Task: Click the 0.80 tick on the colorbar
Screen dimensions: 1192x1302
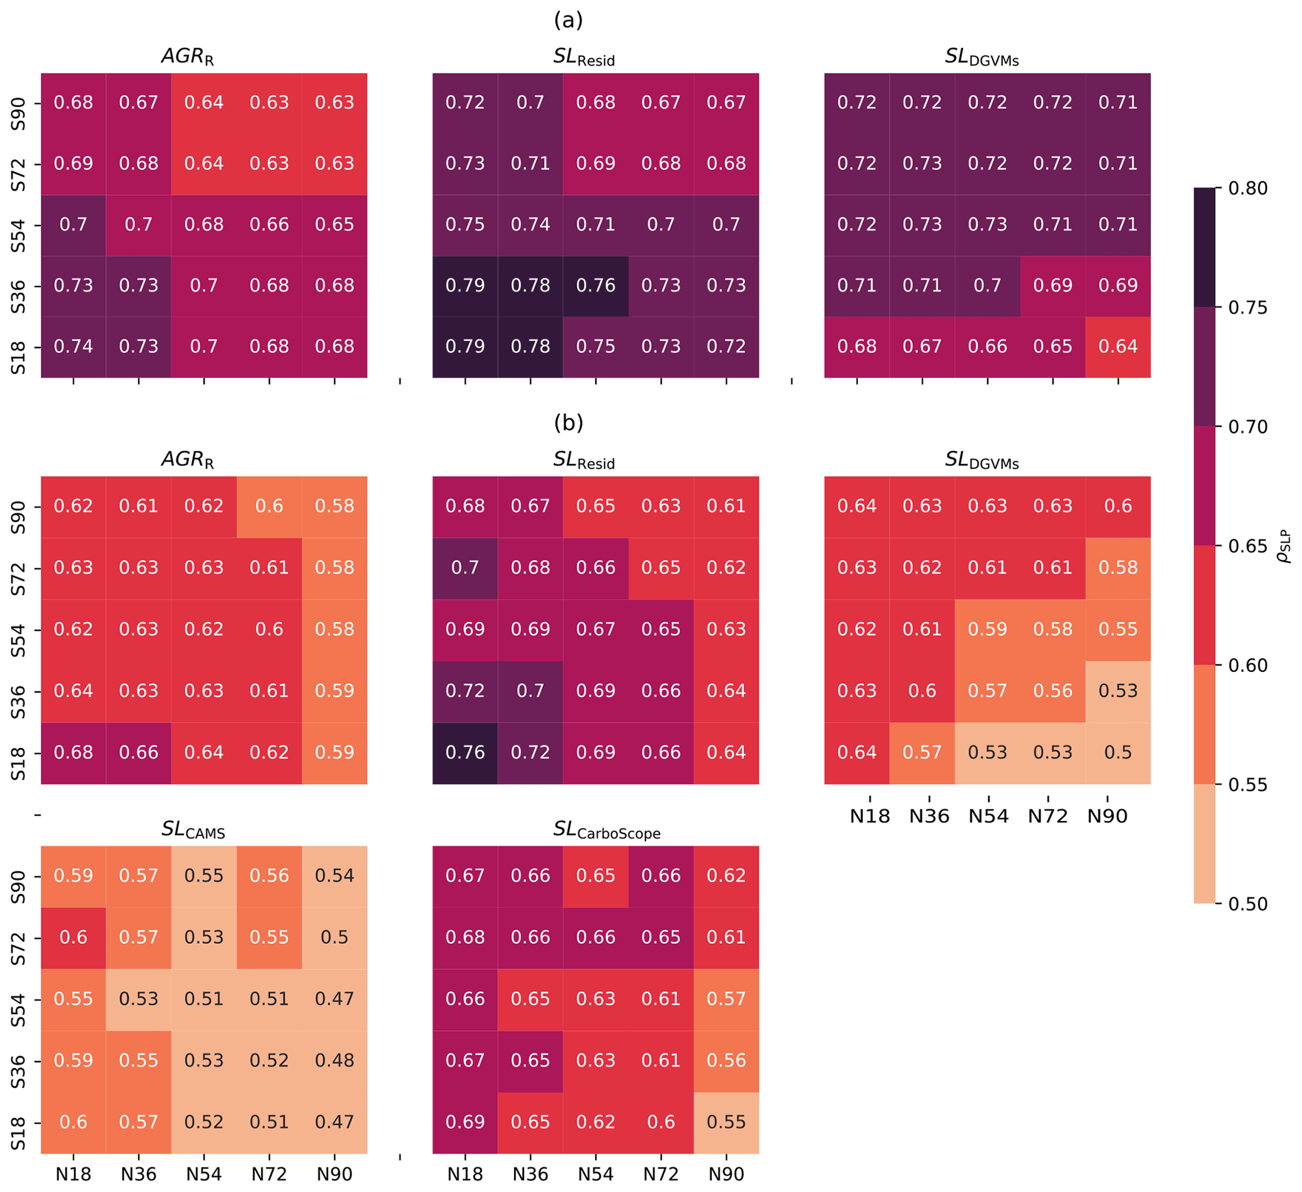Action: click(1247, 188)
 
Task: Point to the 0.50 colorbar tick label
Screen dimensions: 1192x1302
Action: click(1247, 904)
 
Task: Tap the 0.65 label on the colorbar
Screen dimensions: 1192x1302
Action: click(1247, 547)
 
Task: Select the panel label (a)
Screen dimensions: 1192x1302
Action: click(568, 21)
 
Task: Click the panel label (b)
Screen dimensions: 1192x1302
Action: click(568, 423)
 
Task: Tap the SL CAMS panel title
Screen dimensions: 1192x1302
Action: click(193, 830)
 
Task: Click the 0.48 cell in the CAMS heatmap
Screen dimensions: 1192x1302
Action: click(334, 1061)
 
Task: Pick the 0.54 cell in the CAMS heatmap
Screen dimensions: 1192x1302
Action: click(334, 876)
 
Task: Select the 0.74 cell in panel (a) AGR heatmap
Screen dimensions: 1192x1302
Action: click(73, 347)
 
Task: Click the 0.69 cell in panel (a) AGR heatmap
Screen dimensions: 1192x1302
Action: click(73, 163)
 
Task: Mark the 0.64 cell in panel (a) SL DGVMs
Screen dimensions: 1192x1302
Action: click(1118, 347)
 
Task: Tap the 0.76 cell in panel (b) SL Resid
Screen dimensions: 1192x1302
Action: click(465, 752)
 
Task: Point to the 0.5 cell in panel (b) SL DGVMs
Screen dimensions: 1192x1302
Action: click(1118, 752)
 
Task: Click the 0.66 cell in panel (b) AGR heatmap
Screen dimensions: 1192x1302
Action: click(139, 752)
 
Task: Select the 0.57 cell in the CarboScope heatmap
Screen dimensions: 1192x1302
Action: click(726, 999)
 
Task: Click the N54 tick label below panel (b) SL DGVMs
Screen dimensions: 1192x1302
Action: click(988, 817)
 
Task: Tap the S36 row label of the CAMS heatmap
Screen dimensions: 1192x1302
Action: click(19, 1061)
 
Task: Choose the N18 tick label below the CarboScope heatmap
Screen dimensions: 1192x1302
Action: click(465, 1174)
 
